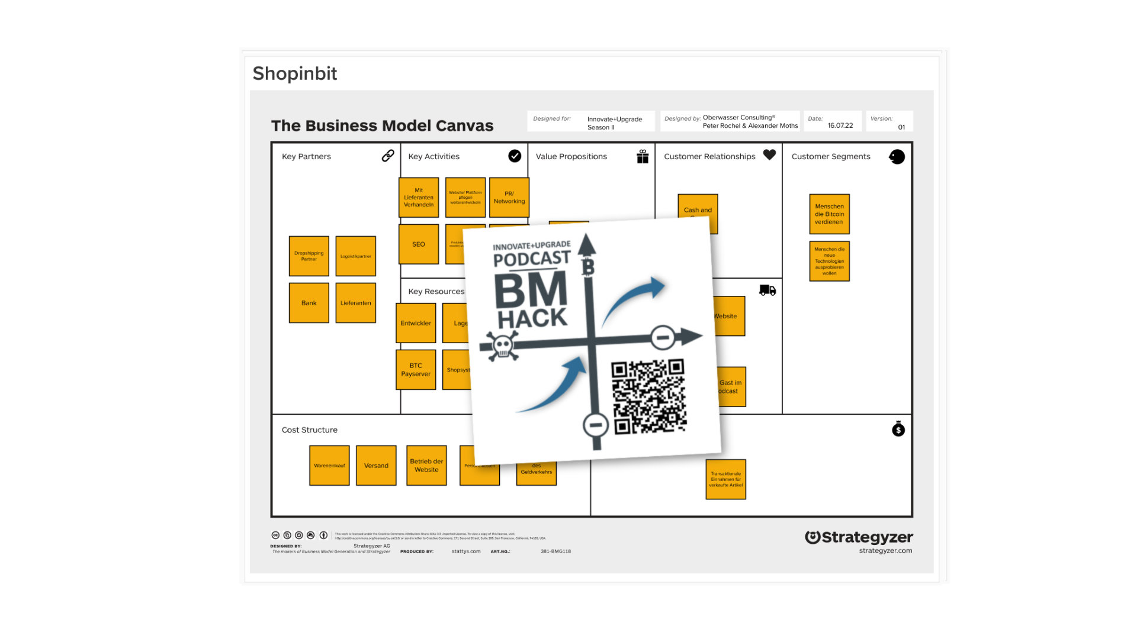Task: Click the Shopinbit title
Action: [294, 73]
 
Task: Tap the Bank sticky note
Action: [309, 303]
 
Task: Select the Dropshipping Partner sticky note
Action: [309, 256]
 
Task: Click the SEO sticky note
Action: [419, 244]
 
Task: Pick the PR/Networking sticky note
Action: [509, 198]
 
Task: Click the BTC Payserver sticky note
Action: [416, 370]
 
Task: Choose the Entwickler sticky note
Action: [416, 323]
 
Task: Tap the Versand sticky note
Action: [376, 466]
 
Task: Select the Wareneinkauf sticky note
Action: [329, 466]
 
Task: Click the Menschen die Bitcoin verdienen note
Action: [829, 214]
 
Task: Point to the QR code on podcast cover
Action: [649, 397]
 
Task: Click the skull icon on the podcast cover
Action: [503, 346]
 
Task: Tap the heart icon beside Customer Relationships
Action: [769, 155]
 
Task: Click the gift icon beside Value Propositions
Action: [643, 156]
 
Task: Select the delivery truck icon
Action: [767, 290]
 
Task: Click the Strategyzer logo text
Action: [859, 537]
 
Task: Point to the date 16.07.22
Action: [840, 125]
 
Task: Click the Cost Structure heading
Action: [309, 430]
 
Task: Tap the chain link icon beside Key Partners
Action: [388, 156]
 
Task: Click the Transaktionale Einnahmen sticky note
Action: [725, 479]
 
